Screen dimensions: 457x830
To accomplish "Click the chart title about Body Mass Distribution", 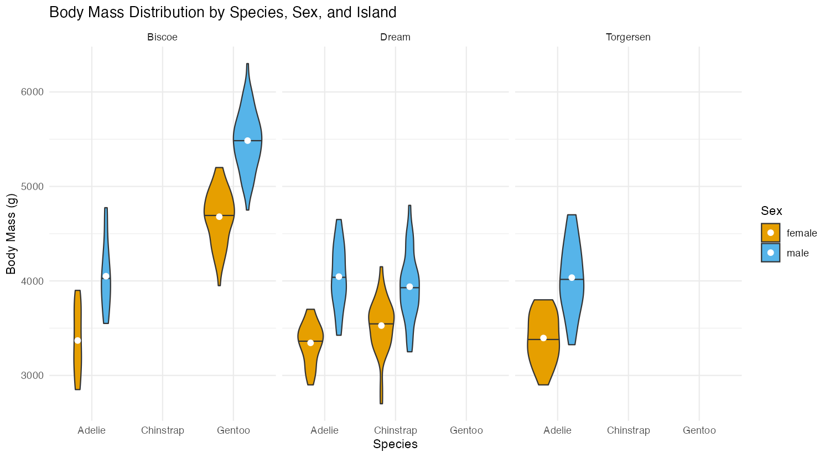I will [x=222, y=12].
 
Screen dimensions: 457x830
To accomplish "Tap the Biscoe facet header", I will [x=162, y=38].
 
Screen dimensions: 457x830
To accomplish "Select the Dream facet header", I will [x=395, y=38].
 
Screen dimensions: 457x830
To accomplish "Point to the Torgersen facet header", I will [x=628, y=38].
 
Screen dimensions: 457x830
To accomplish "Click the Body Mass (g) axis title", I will [x=11, y=233].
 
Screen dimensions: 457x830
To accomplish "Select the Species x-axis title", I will [x=395, y=444].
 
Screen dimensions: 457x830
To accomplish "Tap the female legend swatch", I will [x=770, y=233].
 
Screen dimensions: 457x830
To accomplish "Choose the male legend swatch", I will [x=770, y=253].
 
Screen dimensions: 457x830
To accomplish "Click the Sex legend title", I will [x=771, y=211].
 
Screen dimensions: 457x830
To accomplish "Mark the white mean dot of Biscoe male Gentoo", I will [x=247, y=141].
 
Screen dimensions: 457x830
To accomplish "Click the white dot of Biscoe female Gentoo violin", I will [x=219, y=217].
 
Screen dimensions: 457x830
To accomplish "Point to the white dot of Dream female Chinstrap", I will [x=381, y=326].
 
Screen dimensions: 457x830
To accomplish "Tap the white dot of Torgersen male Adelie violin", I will [x=572, y=278].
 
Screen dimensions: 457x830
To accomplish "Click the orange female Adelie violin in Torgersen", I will [x=543, y=355].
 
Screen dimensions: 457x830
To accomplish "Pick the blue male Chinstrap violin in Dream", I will [x=409, y=310].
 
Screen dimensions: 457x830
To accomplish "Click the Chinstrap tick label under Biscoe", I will [x=162, y=430].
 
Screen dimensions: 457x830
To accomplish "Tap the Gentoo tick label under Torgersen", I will [x=699, y=430].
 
